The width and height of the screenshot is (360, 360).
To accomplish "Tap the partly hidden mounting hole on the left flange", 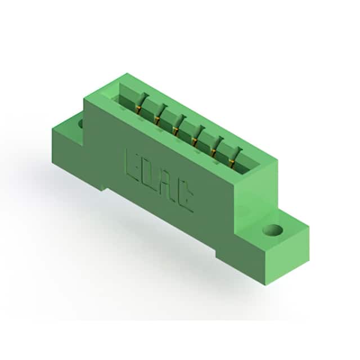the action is pos(80,124).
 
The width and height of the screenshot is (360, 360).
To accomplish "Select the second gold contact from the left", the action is pos(157,120).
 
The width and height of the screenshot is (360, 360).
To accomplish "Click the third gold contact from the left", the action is pos(175,130).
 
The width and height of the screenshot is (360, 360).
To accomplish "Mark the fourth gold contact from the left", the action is pos(195,141).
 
